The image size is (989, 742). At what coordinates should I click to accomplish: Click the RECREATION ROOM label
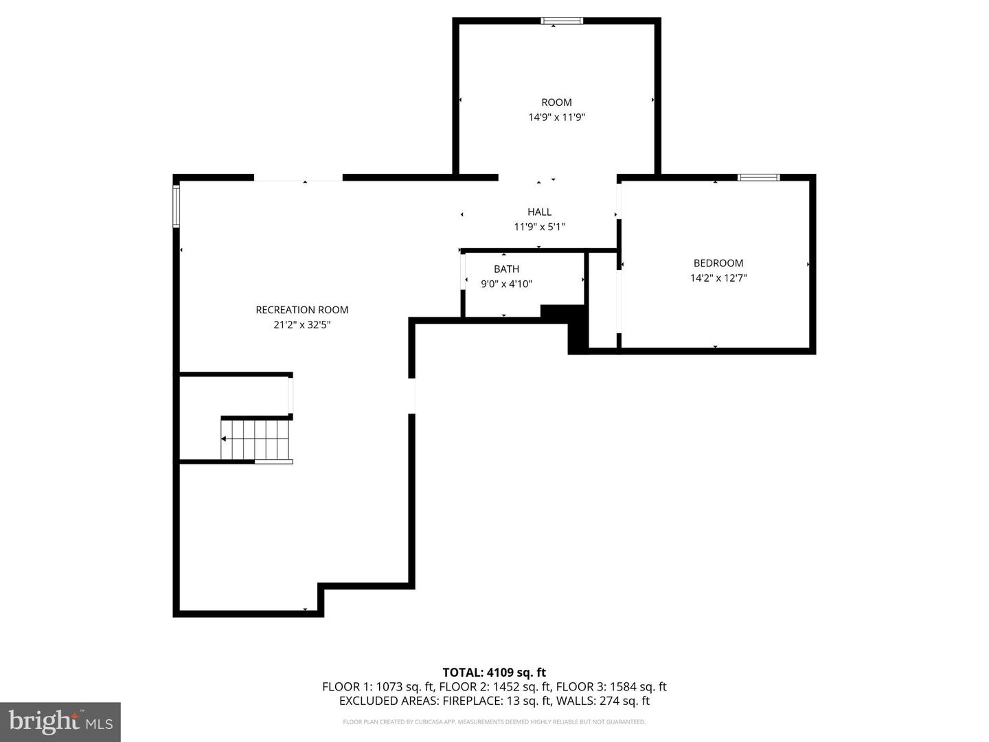click(x=302, y=310)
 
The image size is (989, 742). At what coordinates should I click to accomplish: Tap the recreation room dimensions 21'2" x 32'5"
click(x=302, y=325)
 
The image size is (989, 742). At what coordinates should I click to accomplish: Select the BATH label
click(x=506, y=269)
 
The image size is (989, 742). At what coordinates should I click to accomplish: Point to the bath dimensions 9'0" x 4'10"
click(x=506, y=284)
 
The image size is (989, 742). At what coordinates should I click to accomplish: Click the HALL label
click(x=539, y=212)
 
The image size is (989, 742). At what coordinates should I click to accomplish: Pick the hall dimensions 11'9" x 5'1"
click(x=539, y=227)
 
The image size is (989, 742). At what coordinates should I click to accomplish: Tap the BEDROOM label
click(x=718, y=263)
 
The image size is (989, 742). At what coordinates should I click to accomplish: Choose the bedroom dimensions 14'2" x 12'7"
click(x=718, y=278)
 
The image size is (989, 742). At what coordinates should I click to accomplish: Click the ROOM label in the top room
click(x=556, y=102)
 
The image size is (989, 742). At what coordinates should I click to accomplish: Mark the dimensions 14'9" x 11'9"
click(x=556, y=117)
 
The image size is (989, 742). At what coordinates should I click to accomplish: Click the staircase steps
click(x=255, y=440)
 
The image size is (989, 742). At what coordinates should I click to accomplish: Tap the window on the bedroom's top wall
click(x=759, y=177)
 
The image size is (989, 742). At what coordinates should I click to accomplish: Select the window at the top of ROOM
click(x=562, y=21)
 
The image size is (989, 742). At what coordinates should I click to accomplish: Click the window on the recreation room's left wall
click(x=177, y=206)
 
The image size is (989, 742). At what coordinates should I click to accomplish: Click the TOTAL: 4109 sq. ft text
click(x=494, y=673)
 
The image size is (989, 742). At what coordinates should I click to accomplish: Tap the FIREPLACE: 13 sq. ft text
click(x=496, y=701)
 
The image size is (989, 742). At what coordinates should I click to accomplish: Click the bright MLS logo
click(x=60, y=721)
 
